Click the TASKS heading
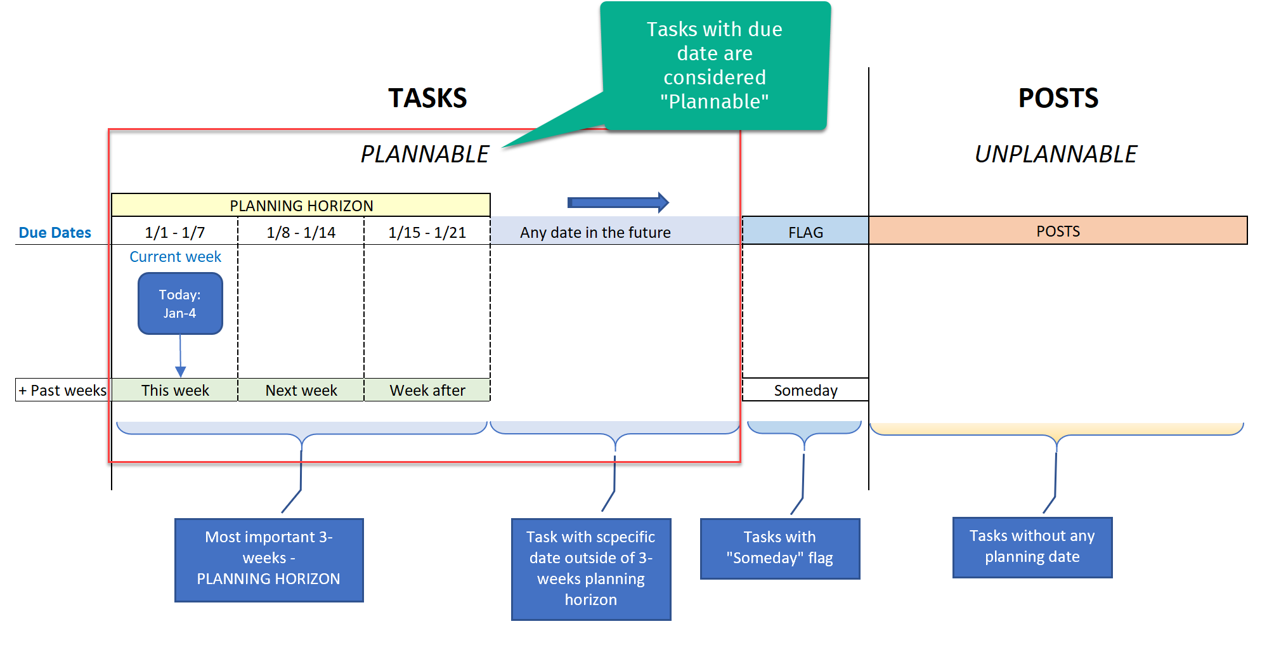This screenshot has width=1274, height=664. tap(427, 98)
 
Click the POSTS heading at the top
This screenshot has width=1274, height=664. tap(1058, 98)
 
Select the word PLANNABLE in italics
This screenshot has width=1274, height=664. tap(425, 154)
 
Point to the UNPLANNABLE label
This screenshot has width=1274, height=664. tap(1056, 154)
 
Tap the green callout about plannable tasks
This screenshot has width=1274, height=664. tap(715, 65)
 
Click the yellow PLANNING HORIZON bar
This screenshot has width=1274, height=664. tap(301, 205)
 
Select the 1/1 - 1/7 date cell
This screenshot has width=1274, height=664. tap(174, 232)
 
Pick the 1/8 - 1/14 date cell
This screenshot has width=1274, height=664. tap(301, 232)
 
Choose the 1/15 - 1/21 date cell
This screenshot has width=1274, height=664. tap(427, 232)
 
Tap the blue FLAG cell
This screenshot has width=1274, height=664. tap(805, 232)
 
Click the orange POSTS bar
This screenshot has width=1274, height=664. tap(1058, 231)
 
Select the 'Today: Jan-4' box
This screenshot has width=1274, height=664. tap(180, 304)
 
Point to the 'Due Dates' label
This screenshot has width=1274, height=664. tap(55, 233)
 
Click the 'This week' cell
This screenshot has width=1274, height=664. tap(174, 390)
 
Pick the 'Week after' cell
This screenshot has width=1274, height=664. tap(427, 390)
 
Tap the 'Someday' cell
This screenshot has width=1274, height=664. tap(805, 390)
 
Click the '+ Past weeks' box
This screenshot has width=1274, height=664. tap(62, 390)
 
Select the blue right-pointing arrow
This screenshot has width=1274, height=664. tap(618, 202)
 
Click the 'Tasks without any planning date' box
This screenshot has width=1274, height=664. tap(1032, 547)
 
